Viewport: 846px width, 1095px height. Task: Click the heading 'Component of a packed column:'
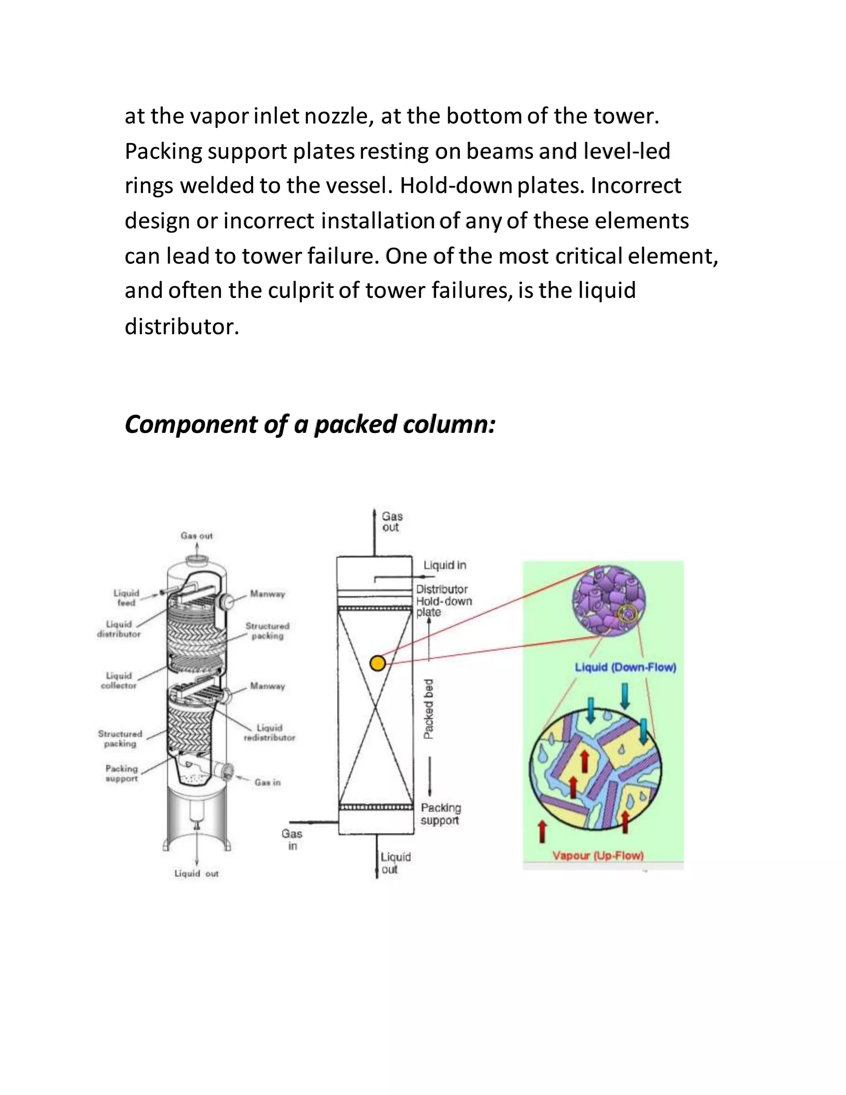[x=310, y=424]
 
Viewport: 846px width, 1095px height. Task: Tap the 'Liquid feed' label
[x=126, y=597]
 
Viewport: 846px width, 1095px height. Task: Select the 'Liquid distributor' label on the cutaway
[x=119, y=629]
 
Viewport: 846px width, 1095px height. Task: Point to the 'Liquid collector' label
[x=119, y=681]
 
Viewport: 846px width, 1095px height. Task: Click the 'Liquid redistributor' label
[x=270, y=733]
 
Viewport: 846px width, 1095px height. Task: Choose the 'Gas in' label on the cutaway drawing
[x=268, y=782]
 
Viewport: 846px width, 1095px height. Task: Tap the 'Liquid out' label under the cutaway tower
[x=197, y=874]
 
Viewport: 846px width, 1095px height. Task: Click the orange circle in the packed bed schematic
[x=378, y=663]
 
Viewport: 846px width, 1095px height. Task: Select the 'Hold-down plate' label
[x=444, y=607]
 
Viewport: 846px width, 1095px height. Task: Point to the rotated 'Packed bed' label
[x=428, y=709]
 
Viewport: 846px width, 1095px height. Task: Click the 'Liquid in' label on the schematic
[x=444, y=565]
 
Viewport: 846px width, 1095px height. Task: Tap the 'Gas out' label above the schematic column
[x=392, y=521]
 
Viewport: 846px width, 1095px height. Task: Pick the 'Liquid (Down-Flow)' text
[x=625, y=667]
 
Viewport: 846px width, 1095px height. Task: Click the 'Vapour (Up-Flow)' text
[x=597, y=855]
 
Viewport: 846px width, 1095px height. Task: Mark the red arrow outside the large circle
[x=542, y=832]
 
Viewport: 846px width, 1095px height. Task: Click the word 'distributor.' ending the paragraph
[x=182, y=327]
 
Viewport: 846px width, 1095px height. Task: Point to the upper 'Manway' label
[x=268, y=594]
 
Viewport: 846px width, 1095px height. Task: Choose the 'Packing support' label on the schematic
[x=440, y=814]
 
